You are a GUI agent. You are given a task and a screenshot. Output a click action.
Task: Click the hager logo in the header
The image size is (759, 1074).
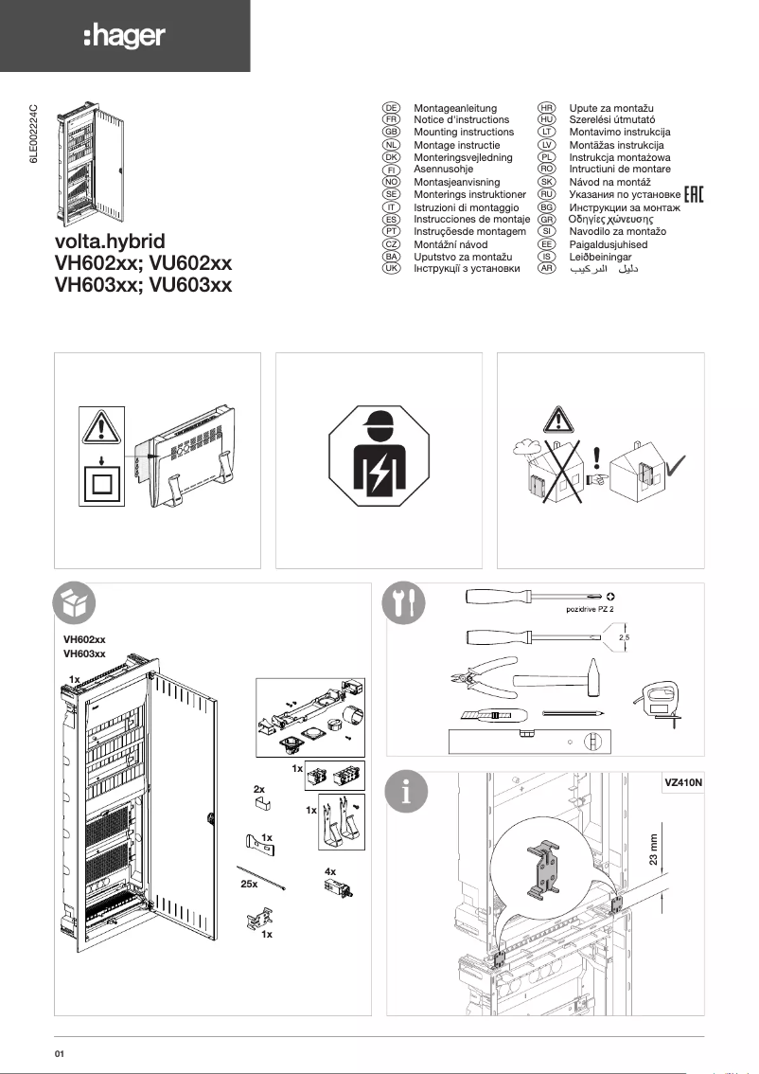coord(124,37)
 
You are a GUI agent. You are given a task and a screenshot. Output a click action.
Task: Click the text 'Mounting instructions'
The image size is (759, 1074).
coord(464,133)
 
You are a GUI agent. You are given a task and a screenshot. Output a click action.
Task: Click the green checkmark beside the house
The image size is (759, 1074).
coord(677,466)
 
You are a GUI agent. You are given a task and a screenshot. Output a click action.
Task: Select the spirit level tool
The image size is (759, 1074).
coord(530,741)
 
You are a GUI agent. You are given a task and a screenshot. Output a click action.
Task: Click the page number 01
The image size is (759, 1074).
coord(61,1052)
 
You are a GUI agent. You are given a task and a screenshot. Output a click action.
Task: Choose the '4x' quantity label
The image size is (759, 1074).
coord(330,870)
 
